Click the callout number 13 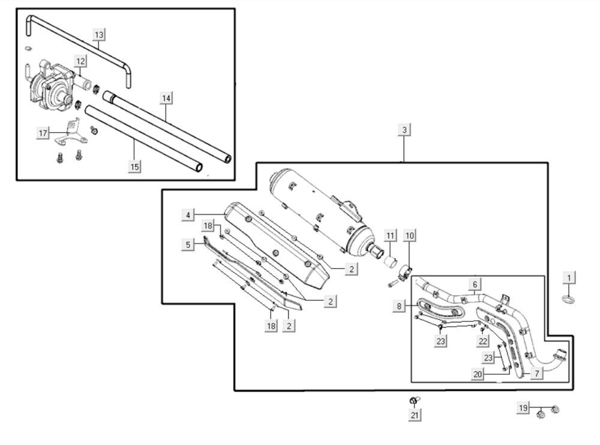point(99,35)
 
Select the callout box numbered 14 point(166,97)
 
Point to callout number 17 point(43,133)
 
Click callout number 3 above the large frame point(405,130)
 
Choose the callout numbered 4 point(188,214)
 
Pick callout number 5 point(188,244)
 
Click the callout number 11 point(391,235)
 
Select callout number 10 point(409,235)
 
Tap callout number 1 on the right point(569,277)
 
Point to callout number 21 point(415,414)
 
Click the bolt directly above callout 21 point(414,400)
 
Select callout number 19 point(524,408)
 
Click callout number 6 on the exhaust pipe point(475,283)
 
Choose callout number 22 point(483,341)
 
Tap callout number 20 point(478,374)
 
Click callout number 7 point(536,374)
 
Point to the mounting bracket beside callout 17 point(71,133)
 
